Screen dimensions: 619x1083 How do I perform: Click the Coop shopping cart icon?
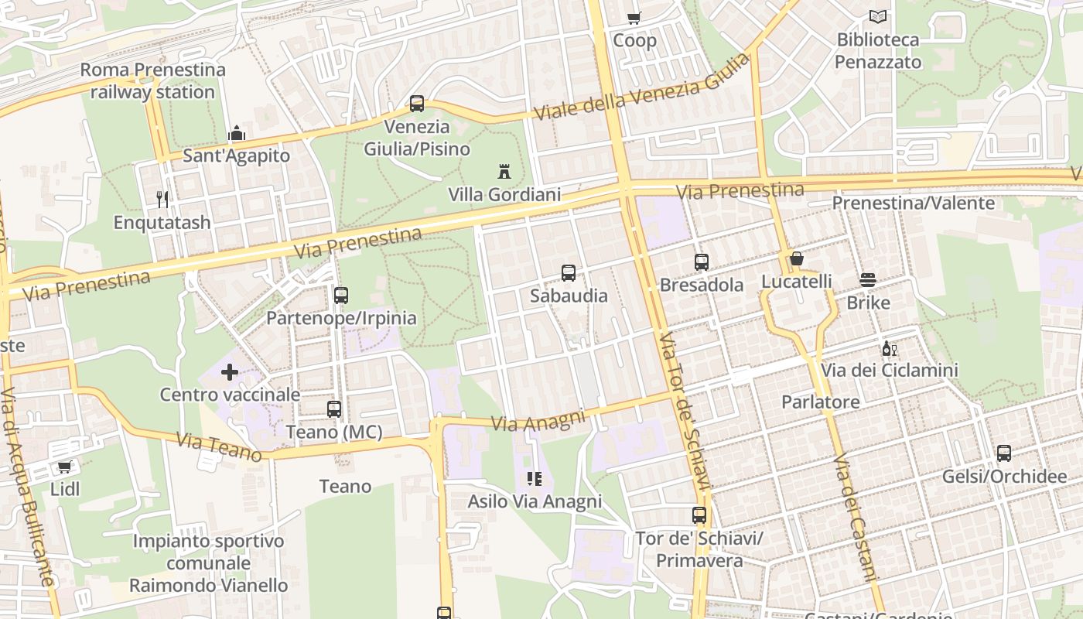click(x=634, y=18)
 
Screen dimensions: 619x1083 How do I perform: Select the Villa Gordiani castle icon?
click(x=504, y=171)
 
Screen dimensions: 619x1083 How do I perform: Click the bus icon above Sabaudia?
click(x=569, y=272)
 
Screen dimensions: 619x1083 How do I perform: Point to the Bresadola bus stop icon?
click(x=702, y=262)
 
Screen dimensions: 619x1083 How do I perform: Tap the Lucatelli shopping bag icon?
click(x=796, y=258)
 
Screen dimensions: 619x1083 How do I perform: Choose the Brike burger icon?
click(x=868, y=279)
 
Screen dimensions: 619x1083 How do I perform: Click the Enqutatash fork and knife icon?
click(x=162, y=200)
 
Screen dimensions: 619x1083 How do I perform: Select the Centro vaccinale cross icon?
click(x=230, y=372)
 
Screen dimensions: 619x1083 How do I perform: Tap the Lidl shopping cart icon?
click(x=65, y=467)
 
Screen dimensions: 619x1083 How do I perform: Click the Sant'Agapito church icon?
click(x=237, y=133)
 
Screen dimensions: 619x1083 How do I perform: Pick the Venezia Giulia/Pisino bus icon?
click(x=417, y=104)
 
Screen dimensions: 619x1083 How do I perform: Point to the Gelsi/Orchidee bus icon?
click(x=1004, y=453)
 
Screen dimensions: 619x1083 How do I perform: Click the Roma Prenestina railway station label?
click(x=153, y=80)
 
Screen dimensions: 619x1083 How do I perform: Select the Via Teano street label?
click(x=219, y=446)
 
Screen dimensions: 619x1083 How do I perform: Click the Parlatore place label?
click(x=820, y=402)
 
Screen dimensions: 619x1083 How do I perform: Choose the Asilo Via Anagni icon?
click(x=534, y=479)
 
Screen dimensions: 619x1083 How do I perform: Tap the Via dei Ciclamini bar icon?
click(x=889, y=349)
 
